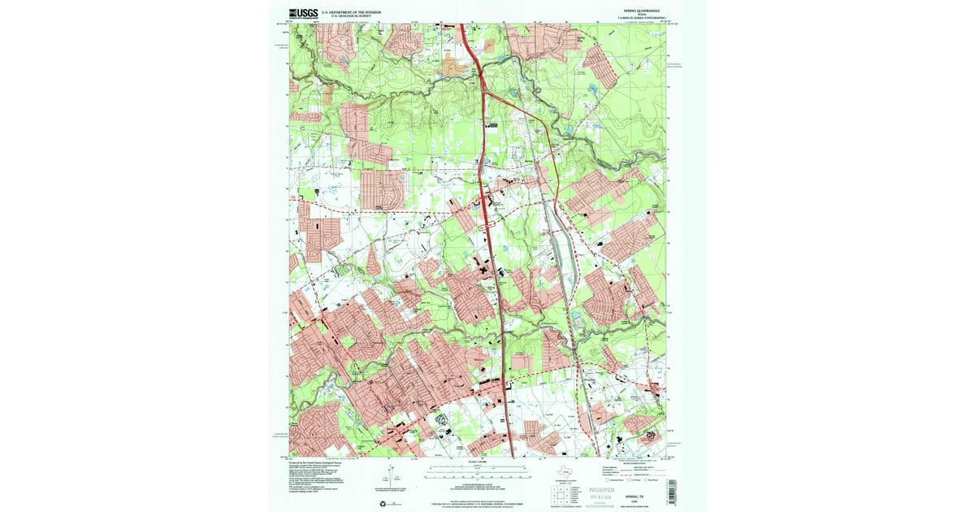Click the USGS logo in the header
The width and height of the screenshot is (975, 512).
click(x=303, y=13)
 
